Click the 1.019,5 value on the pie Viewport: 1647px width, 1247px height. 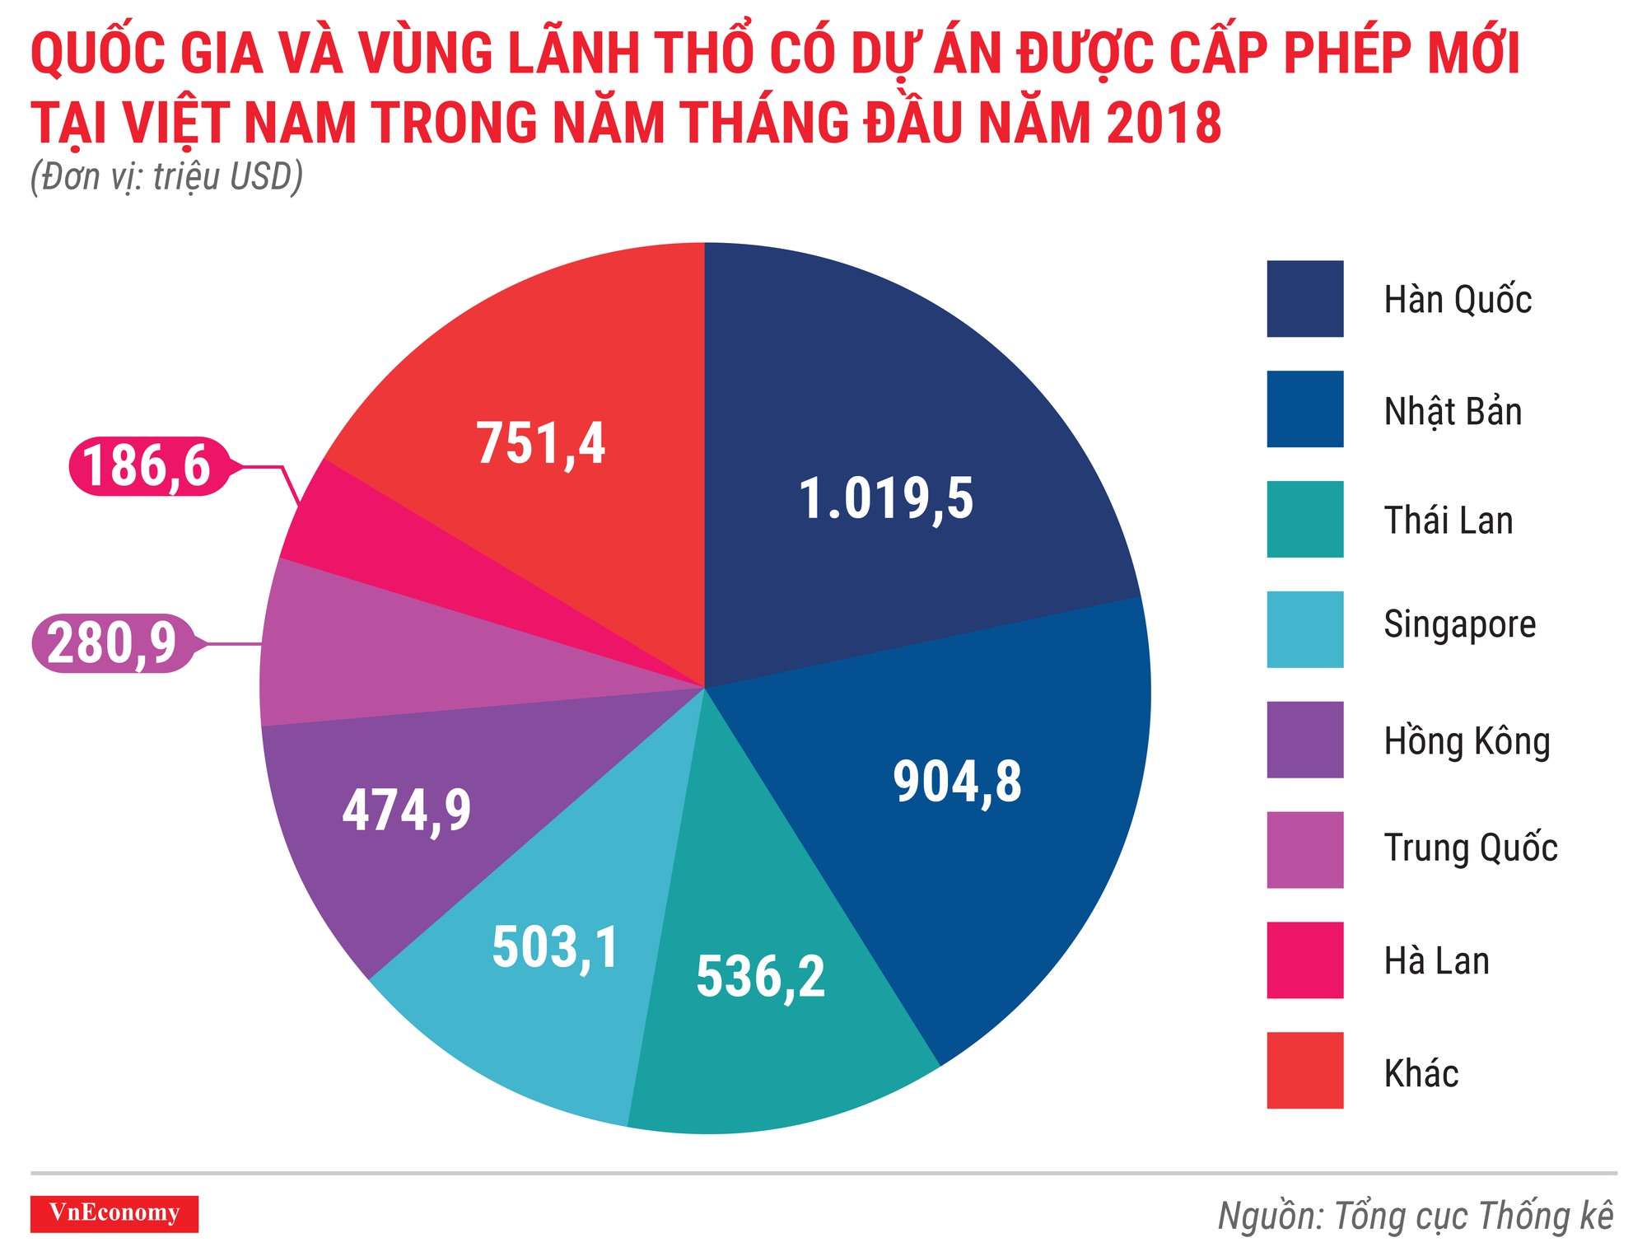(x=886, y=499)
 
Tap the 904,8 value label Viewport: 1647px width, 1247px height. (x=957, y=782)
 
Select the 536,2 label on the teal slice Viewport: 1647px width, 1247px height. (x=760, y=977)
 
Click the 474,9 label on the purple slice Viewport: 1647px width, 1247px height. (x=407, y=810)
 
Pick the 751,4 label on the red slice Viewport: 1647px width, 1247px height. (x=541, y=444)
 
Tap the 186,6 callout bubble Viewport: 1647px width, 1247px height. (x=147, y=466)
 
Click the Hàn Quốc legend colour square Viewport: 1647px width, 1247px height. (x=1304, y=299)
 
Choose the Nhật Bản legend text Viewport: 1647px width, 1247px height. (x=1453, y=411)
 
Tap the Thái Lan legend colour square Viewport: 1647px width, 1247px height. (x=1304, y=520)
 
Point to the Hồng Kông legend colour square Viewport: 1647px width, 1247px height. (x=1304, y=740)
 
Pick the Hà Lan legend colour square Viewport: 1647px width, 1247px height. (x=1304, y=960)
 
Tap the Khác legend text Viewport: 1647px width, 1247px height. (x=1421, y=1073)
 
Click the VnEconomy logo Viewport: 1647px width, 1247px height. (x=114, y=1213)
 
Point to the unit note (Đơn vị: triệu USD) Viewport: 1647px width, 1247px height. (x=167, y=177)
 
